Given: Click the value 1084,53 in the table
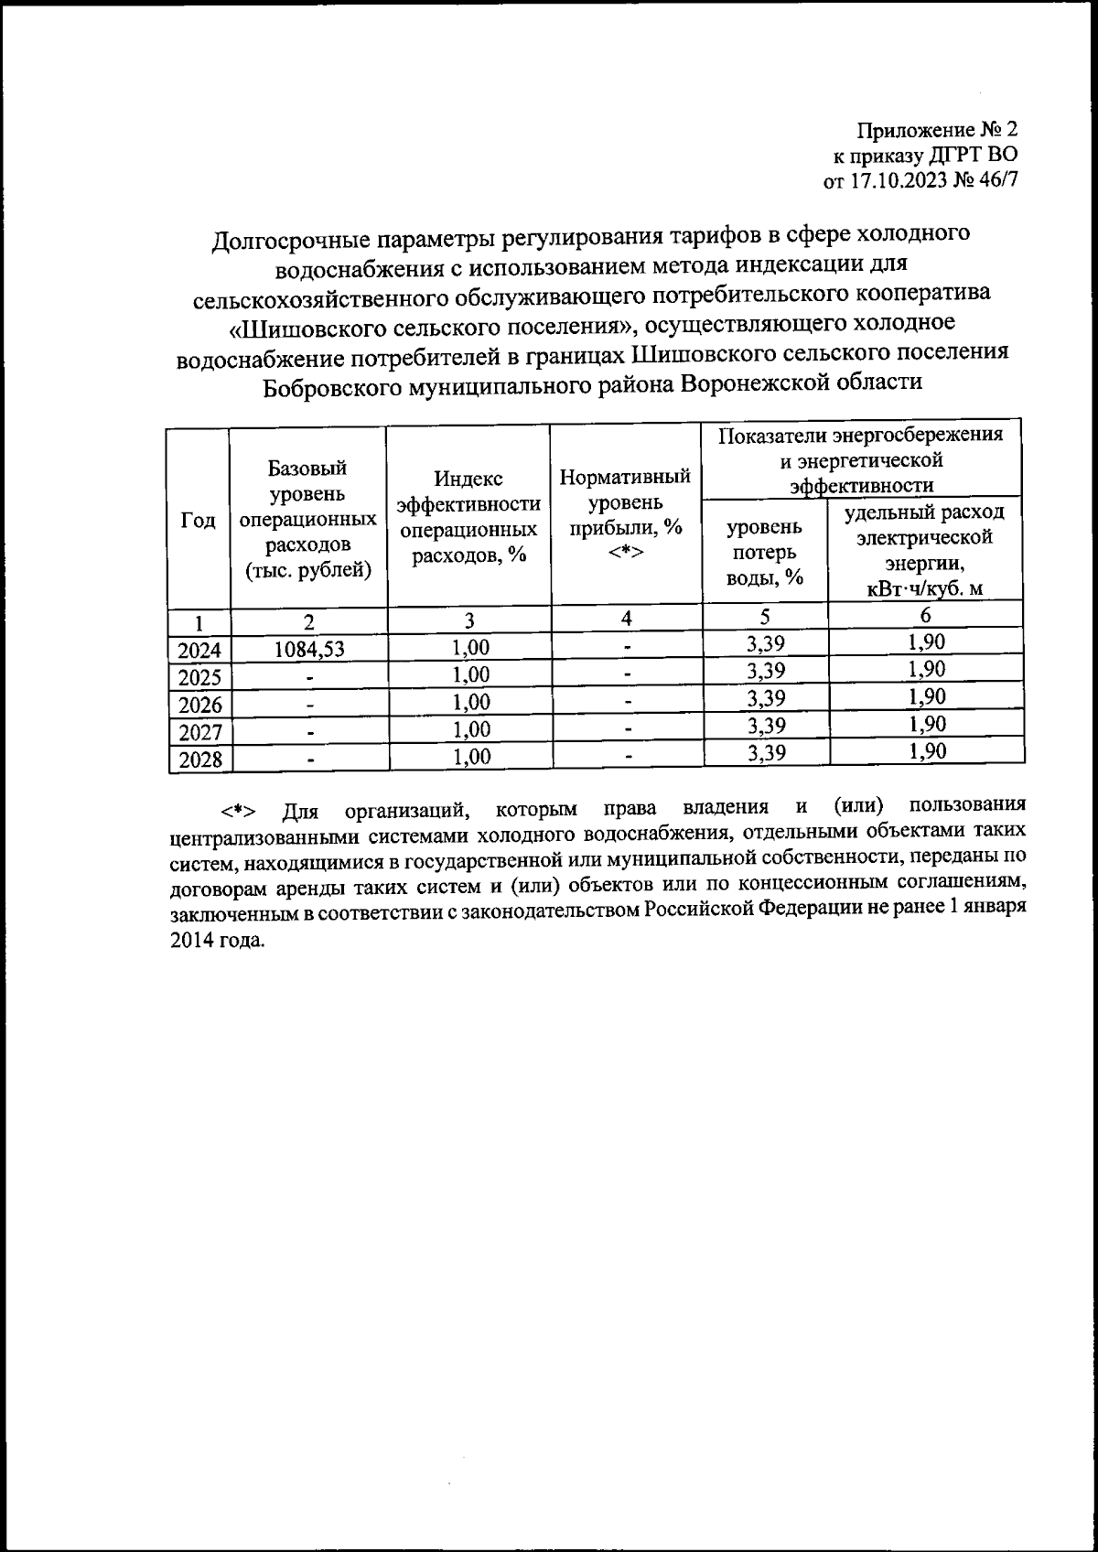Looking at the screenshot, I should click(x=309, y=649).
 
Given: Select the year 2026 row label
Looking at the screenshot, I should click(x=199, y=705).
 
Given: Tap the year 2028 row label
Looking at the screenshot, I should click(x=199, y=760).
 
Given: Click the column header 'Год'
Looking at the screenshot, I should click(x=199, y=520).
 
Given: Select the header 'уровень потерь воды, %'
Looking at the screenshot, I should click(x=764, y=552).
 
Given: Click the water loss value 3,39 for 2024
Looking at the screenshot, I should click(x=765, y=644).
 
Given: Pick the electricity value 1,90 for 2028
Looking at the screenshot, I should click(x=926, y=751).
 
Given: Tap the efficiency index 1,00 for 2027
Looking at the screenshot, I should click(x=468, y=729).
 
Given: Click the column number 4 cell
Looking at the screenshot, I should click(x=626, y=618).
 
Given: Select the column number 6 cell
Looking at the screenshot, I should click(x=926, y=616).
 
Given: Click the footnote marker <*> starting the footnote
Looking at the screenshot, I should click(x=238, y=811).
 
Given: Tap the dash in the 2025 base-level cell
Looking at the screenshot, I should click(x=311, y=678).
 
